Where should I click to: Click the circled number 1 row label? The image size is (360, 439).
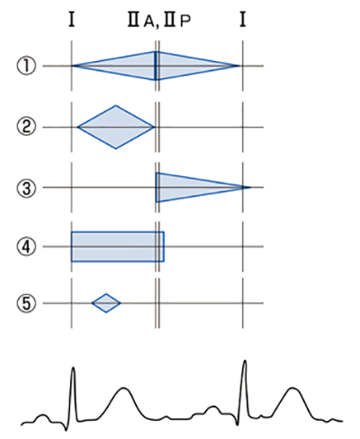pos(26,66)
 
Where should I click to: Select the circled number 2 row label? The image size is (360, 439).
pos(26,127)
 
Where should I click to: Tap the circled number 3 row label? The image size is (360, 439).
pos(26,188)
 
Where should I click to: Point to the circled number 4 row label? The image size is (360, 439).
pos(26,246)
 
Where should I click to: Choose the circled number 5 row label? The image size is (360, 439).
pos(26,303)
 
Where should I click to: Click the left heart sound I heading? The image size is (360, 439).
pos(71,20)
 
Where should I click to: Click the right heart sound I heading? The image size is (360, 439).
pos(243,20)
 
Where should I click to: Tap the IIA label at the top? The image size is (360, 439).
pos(141,21)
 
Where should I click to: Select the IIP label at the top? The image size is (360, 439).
pos(177,21)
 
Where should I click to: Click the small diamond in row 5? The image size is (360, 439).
pos(106,303)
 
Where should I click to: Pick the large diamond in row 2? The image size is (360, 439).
pos(116,127)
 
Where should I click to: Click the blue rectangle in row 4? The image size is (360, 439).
pos(118,246)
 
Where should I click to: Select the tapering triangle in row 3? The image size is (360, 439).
pos(192,187)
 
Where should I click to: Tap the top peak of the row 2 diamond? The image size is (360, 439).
pos(116,105)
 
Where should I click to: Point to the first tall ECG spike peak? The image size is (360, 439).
pos(73,368)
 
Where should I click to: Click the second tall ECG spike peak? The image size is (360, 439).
pos(245,361)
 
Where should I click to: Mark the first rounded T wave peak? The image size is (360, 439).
pos(123,389)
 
